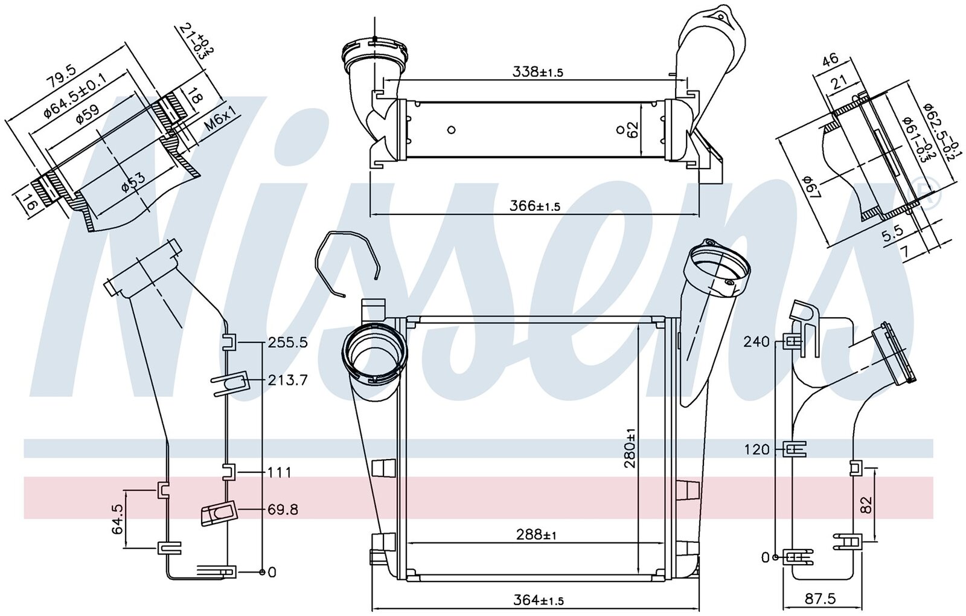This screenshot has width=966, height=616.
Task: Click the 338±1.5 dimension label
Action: pos(538,72)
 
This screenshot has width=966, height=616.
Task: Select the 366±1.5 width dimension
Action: pos(535,205)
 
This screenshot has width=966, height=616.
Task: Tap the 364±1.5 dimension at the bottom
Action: pos(538,599)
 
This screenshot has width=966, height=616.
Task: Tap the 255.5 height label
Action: pos(288,343)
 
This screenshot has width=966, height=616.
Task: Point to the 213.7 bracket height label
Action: pos(287,380)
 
